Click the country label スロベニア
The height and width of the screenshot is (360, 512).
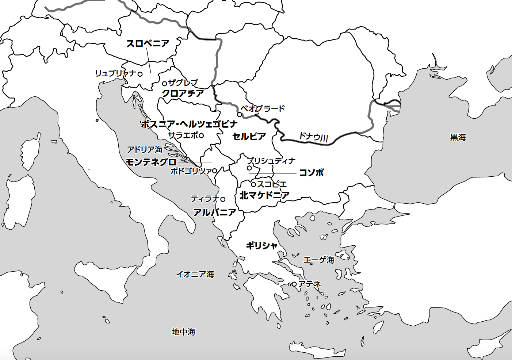148,43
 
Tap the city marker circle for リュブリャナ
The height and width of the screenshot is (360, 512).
140,74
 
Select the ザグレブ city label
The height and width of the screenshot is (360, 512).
183,83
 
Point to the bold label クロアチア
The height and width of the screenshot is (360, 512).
183,93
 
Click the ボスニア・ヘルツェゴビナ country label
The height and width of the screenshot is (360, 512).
189,124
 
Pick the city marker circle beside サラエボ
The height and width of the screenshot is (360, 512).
201,135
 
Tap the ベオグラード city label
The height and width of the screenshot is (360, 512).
263,108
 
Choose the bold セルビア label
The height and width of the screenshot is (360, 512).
249,137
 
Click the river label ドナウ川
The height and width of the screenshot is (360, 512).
313,137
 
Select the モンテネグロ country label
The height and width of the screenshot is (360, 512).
151,162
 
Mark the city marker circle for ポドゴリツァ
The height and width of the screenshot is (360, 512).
215,171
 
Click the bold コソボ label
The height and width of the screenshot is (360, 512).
311,173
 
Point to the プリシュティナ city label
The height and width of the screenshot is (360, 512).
271,161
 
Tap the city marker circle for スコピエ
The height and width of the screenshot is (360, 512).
253,184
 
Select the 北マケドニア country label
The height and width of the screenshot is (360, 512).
264,195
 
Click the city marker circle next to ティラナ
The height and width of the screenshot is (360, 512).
223,199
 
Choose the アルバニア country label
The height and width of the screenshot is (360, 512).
214,212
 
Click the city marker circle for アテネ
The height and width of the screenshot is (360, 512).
294,284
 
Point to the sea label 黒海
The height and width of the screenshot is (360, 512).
458,137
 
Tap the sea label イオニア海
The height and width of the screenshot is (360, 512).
195,274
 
